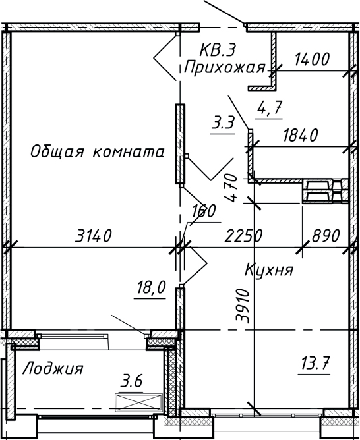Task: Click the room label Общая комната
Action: click(97, 152)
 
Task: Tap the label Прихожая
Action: click(224, 67)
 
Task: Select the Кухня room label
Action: click(268, 270)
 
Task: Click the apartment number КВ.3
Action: click(218, 50)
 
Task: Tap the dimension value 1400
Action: click(313, 59)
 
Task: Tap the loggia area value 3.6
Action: click(132, 381)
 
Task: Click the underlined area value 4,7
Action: click(271, 109)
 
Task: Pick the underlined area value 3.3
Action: click(224, 123)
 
